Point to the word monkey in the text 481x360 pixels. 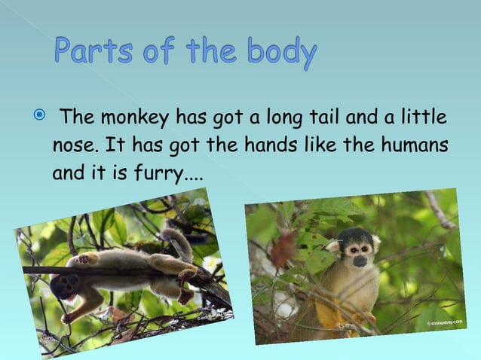(135, 119)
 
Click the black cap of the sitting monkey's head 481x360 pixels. (357, 235)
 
